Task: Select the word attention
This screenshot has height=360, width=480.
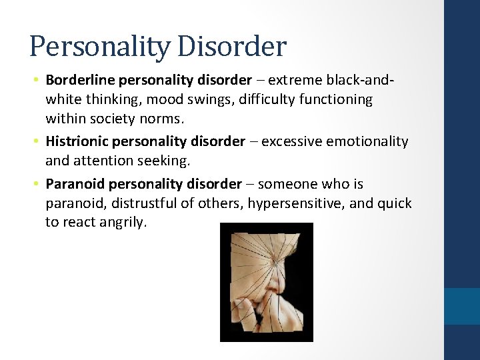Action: point(99,161)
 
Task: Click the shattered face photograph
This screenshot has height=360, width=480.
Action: point(266,282)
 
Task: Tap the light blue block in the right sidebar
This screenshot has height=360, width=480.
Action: point(462,305)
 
